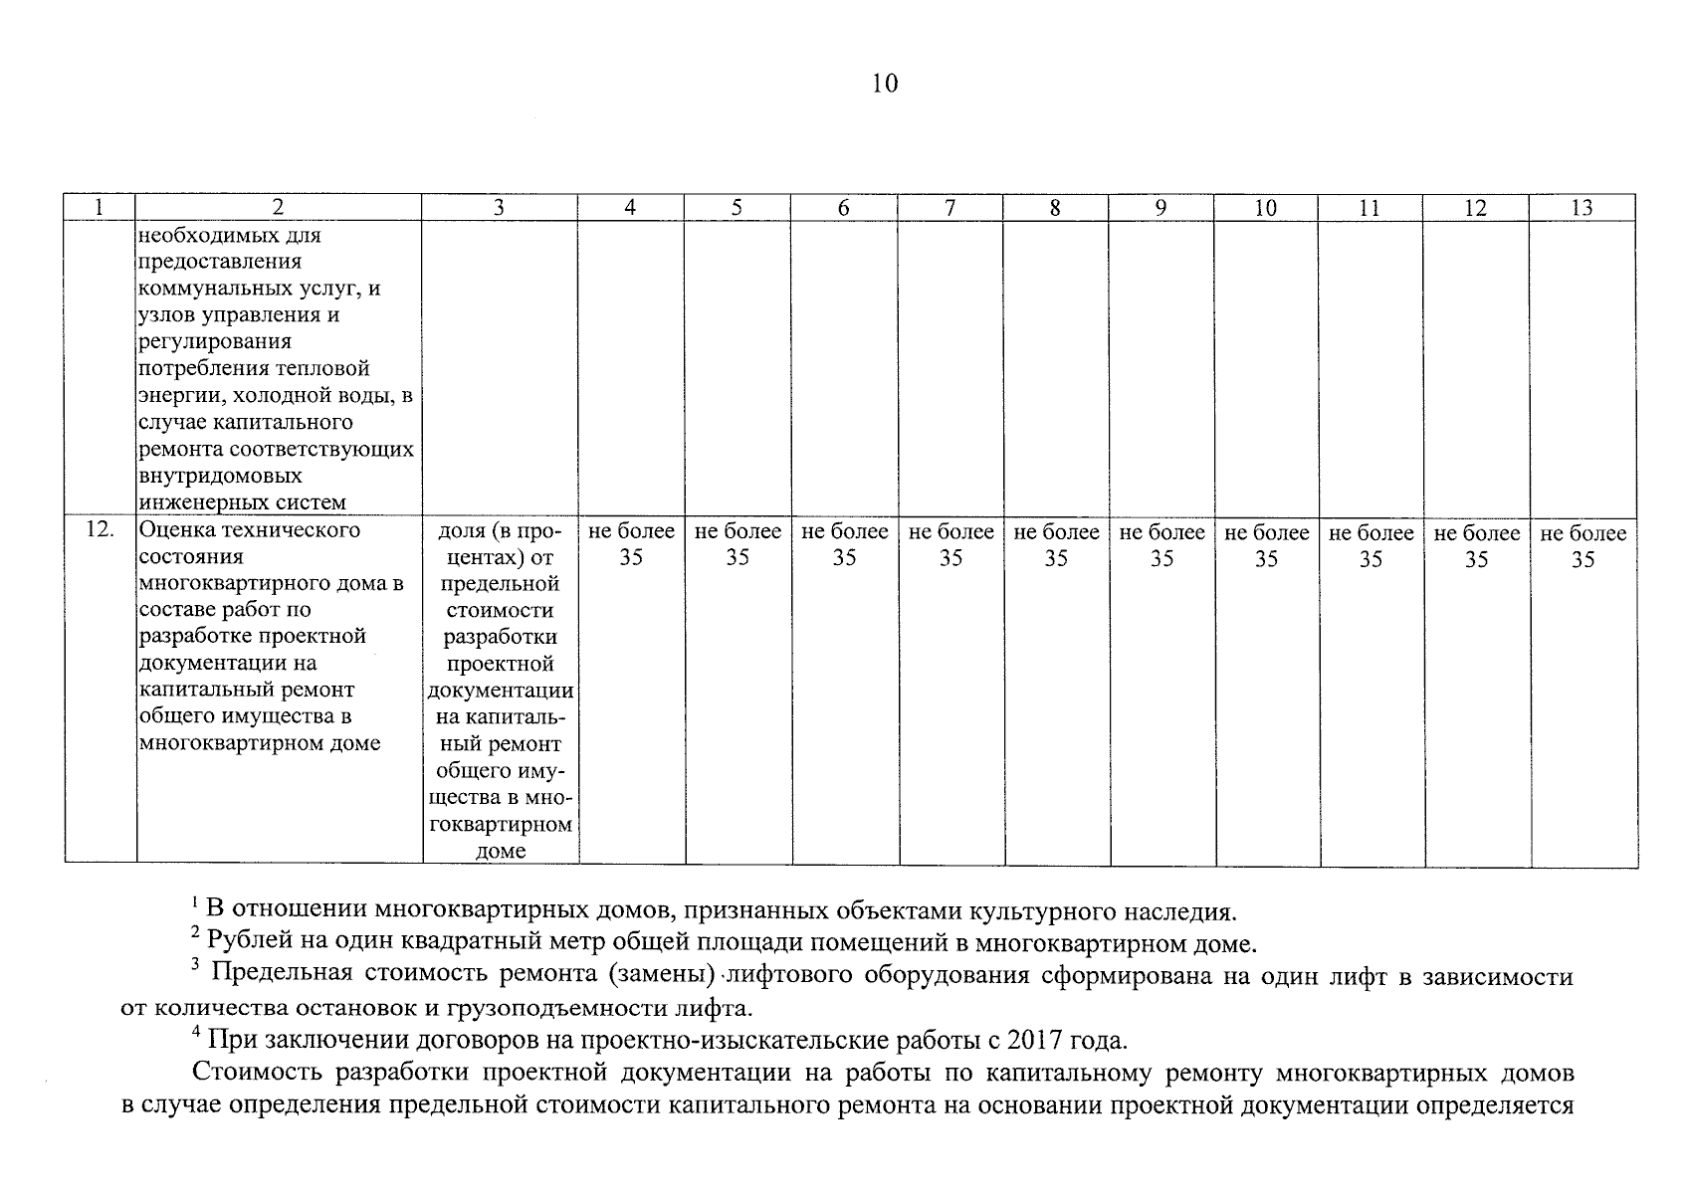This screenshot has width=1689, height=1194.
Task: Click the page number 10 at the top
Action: pos(884,84)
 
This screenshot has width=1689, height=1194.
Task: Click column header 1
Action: pos(99,207)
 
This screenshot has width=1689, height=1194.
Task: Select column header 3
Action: pos(499,207)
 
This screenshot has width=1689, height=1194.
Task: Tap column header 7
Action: pos(950,207)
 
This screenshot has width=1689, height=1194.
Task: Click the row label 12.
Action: pos(99,530)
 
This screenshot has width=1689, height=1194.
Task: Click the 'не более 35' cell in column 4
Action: pos(631,545)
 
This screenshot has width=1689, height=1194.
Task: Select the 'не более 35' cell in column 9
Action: pos(1161,545)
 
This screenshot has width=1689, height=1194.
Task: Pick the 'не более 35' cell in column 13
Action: pos(1583,545)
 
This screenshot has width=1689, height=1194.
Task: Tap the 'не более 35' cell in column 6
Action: pos(844,545)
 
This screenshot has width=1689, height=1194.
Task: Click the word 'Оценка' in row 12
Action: pos(174,530)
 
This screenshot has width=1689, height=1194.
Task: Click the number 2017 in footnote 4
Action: pos(1038,1041)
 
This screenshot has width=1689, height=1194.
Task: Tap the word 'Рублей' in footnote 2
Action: pos(241,941)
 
